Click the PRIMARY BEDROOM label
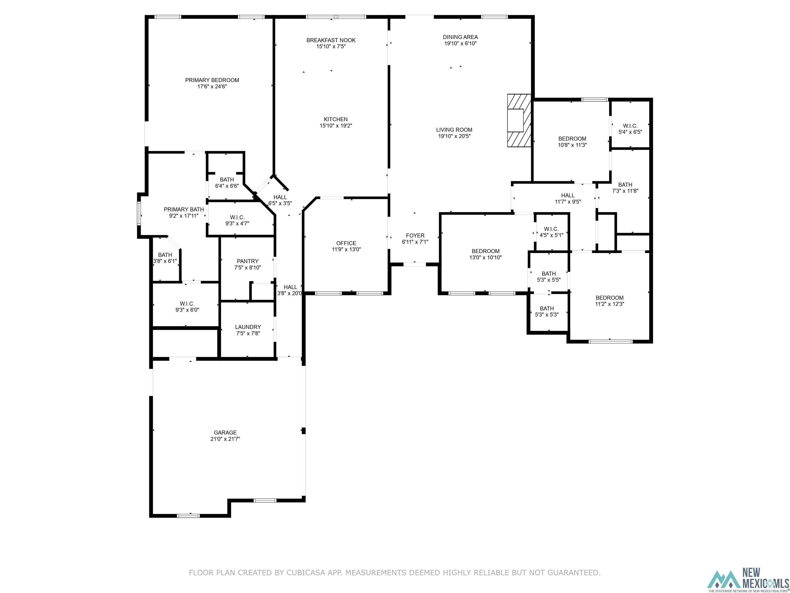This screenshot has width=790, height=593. (212, 80)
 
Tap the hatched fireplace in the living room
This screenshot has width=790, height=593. (519, 120)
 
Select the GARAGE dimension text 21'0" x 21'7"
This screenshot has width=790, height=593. (225, 439)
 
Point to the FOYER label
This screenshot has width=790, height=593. (415, 236)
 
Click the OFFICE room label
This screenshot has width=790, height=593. (346, 243)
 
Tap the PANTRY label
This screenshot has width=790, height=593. (247, 261)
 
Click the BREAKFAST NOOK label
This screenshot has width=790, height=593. (331, 40)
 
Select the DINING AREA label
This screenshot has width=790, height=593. (460, 37)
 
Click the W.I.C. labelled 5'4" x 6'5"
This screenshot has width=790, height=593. (630, 129)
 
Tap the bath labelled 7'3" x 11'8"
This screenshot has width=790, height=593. (625, 188)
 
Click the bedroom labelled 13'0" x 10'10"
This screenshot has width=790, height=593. (485, 254)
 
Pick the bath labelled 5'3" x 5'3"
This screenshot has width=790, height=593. (546, 311)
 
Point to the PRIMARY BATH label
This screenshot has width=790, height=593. (184, 210)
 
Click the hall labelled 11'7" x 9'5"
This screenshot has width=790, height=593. (568, 198)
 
